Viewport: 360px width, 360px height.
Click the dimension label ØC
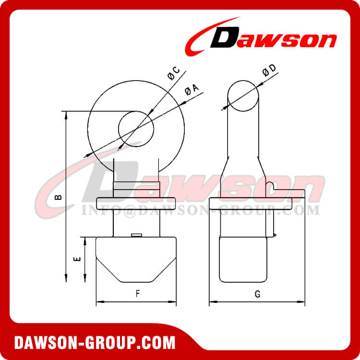[x=173, y=73]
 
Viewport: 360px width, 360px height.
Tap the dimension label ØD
[x=269, y=71]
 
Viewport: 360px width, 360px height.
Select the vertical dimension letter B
[x=58, y=197]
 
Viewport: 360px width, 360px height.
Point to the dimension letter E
[x=76, y=259]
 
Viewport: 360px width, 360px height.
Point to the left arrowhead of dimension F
[x=99, y=302]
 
